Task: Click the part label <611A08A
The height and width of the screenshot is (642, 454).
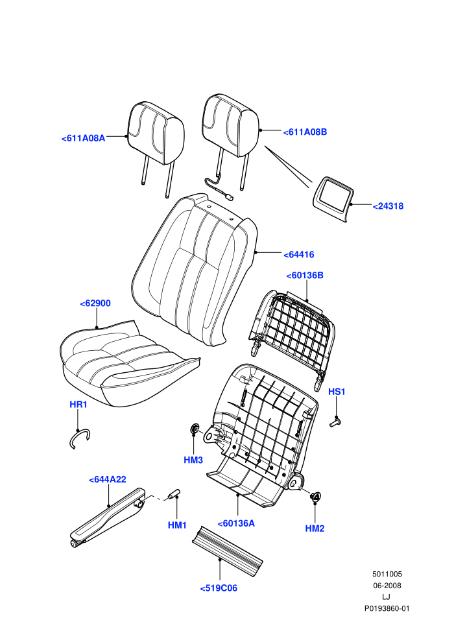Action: click(84, 138)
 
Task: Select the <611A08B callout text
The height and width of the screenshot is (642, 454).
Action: click(305, 132)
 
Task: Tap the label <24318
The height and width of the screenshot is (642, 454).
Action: click(388, 206)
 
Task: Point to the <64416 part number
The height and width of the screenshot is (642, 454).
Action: click(299, 255)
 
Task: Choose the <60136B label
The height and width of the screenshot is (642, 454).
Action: click(305, 276)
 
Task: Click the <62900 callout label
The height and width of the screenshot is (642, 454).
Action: click(95, 303)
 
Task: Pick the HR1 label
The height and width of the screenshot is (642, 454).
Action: click(78, 405)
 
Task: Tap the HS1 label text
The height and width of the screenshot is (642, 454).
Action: click(337, 392)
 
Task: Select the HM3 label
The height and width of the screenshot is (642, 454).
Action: click(193, 460)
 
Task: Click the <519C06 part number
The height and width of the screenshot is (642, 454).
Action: click(219, 588)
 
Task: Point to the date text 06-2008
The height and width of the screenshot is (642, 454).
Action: click(387, 586)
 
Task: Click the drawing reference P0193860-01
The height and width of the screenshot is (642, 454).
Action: click(387, 608)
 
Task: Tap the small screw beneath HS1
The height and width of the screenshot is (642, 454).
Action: click(336, 422)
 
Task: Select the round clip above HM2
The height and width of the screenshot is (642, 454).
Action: click(316, 496)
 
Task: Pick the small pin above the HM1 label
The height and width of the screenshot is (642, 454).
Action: click(173, 494)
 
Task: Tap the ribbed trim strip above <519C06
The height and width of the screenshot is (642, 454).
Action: click(227, 548)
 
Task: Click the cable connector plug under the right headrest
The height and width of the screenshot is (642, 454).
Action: click(230, 197)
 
